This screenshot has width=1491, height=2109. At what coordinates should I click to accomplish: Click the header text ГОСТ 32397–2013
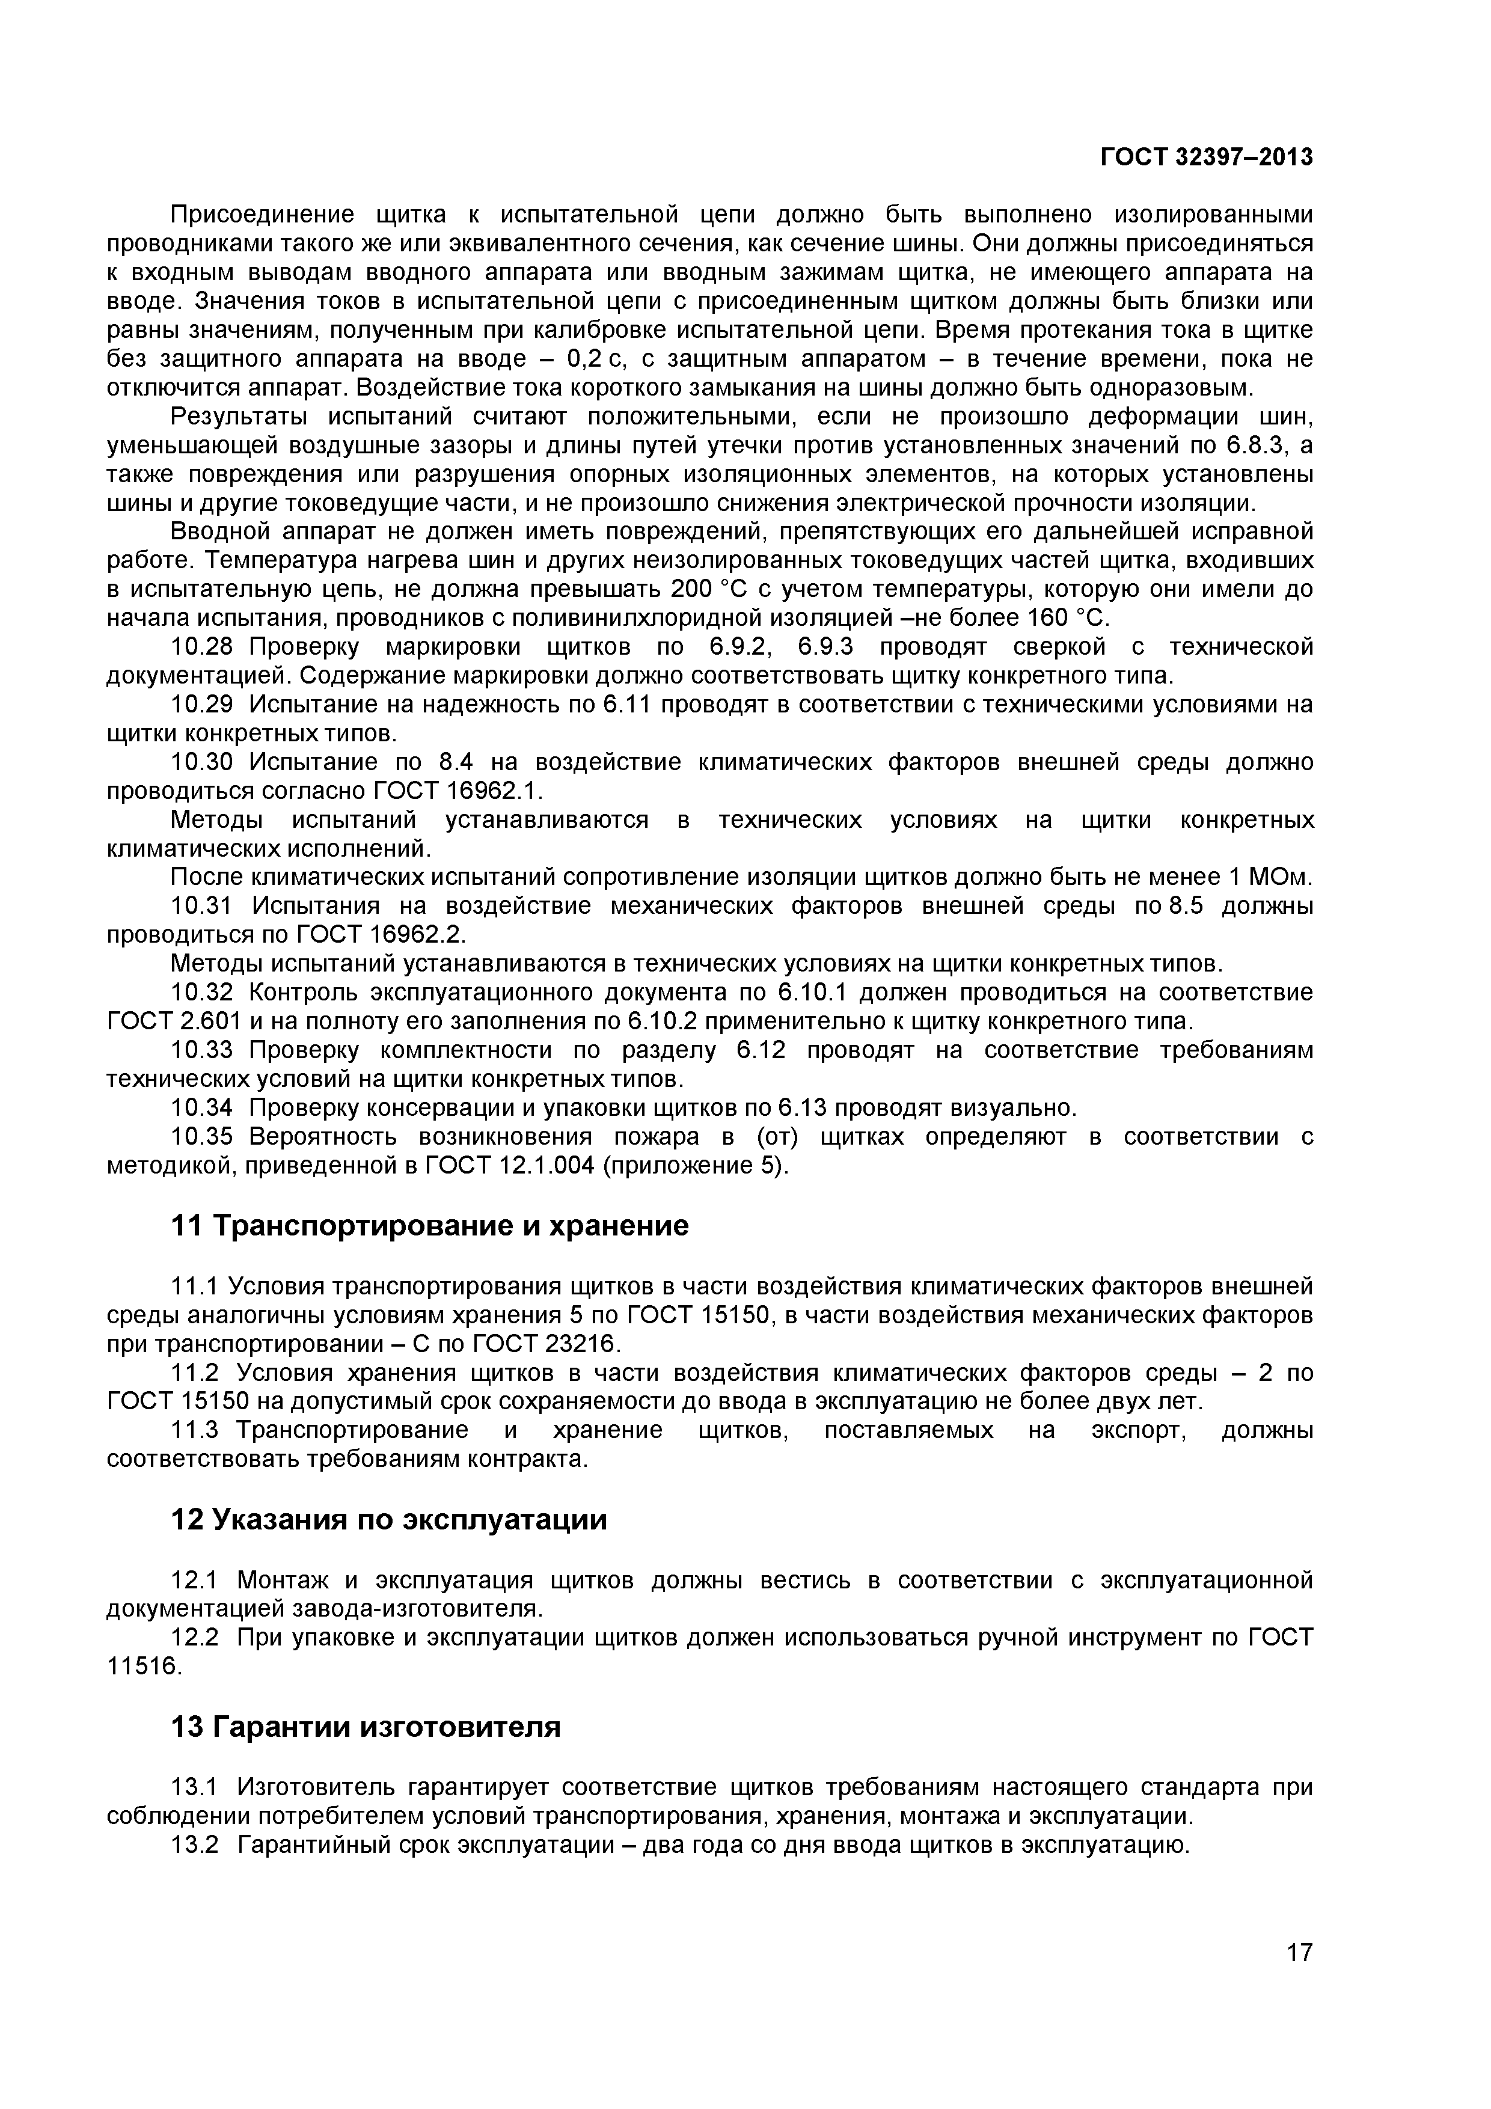pos(1206,158)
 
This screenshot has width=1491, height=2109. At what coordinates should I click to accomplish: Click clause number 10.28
pos(202,647)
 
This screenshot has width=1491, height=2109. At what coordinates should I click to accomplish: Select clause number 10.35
pos(202,1137)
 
